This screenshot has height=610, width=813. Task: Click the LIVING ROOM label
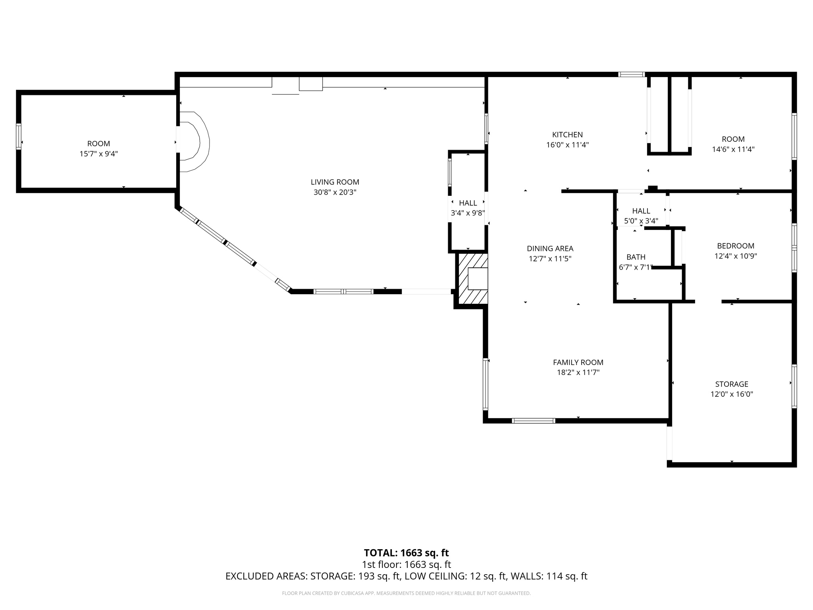[335, 182]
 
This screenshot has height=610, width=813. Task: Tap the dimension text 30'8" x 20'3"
[335, 193]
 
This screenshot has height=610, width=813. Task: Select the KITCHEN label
[567, 135]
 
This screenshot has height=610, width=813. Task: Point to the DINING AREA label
[550, 249]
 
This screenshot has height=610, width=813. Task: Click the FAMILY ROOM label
[578, 362]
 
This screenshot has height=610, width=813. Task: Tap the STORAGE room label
[732, 384]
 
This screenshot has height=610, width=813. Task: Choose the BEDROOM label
[736, 246]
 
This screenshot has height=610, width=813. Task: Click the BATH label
[636, 257]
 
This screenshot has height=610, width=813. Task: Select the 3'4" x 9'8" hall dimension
[468, 213]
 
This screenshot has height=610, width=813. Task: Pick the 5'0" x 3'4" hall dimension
[641, 221]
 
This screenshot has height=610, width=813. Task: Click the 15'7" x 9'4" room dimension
[98, 154]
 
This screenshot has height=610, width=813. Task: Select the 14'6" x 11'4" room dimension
[733, 150]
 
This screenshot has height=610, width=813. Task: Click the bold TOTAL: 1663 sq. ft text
[406, 553]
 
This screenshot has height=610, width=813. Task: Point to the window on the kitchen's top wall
[631, 74]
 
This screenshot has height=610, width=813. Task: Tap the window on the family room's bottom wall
[533, 421]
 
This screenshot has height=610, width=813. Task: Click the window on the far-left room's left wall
[18, 136]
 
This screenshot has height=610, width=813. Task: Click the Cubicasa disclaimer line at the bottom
[406, 593]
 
